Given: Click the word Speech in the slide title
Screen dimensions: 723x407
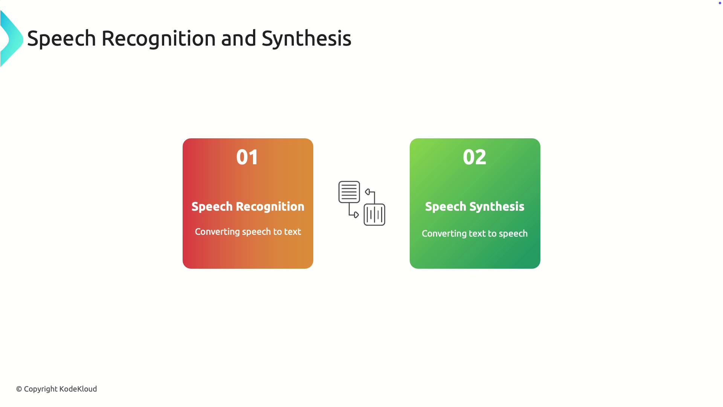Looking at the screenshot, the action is pos(61,39).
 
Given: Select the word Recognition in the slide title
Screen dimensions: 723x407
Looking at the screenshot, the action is pos(159,39).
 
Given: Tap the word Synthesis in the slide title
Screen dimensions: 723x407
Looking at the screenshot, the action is pos(306,38).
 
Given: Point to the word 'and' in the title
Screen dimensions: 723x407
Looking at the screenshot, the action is pos(239,38).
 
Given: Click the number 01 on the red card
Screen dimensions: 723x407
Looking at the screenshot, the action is pos(247,157).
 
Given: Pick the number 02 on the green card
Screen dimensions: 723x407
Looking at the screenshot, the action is pos(474,157).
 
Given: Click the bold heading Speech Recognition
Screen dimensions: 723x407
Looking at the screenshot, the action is pos(248,207).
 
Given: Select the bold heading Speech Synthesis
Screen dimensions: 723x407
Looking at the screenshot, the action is pos(474,207).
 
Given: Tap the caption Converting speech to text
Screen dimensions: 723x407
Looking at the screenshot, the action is pos(248,232).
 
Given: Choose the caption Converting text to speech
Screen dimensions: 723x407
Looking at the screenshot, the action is pos(474,234).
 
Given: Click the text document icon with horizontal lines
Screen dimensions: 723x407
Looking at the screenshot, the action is pos(349,192).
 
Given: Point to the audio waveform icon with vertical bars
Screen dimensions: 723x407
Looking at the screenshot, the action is pos(374,215).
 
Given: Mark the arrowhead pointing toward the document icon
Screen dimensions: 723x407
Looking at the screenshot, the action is pos(368,192).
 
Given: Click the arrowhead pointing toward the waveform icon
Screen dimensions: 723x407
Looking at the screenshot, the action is pos(356,215).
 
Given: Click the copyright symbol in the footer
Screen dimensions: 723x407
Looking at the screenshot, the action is pos(19,389).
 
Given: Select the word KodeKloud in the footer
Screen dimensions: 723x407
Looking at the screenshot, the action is pos(78,389).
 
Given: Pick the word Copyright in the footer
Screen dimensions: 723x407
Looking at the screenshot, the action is pos(41,389).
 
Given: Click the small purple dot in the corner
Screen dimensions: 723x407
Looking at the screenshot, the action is pos(720,3).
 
